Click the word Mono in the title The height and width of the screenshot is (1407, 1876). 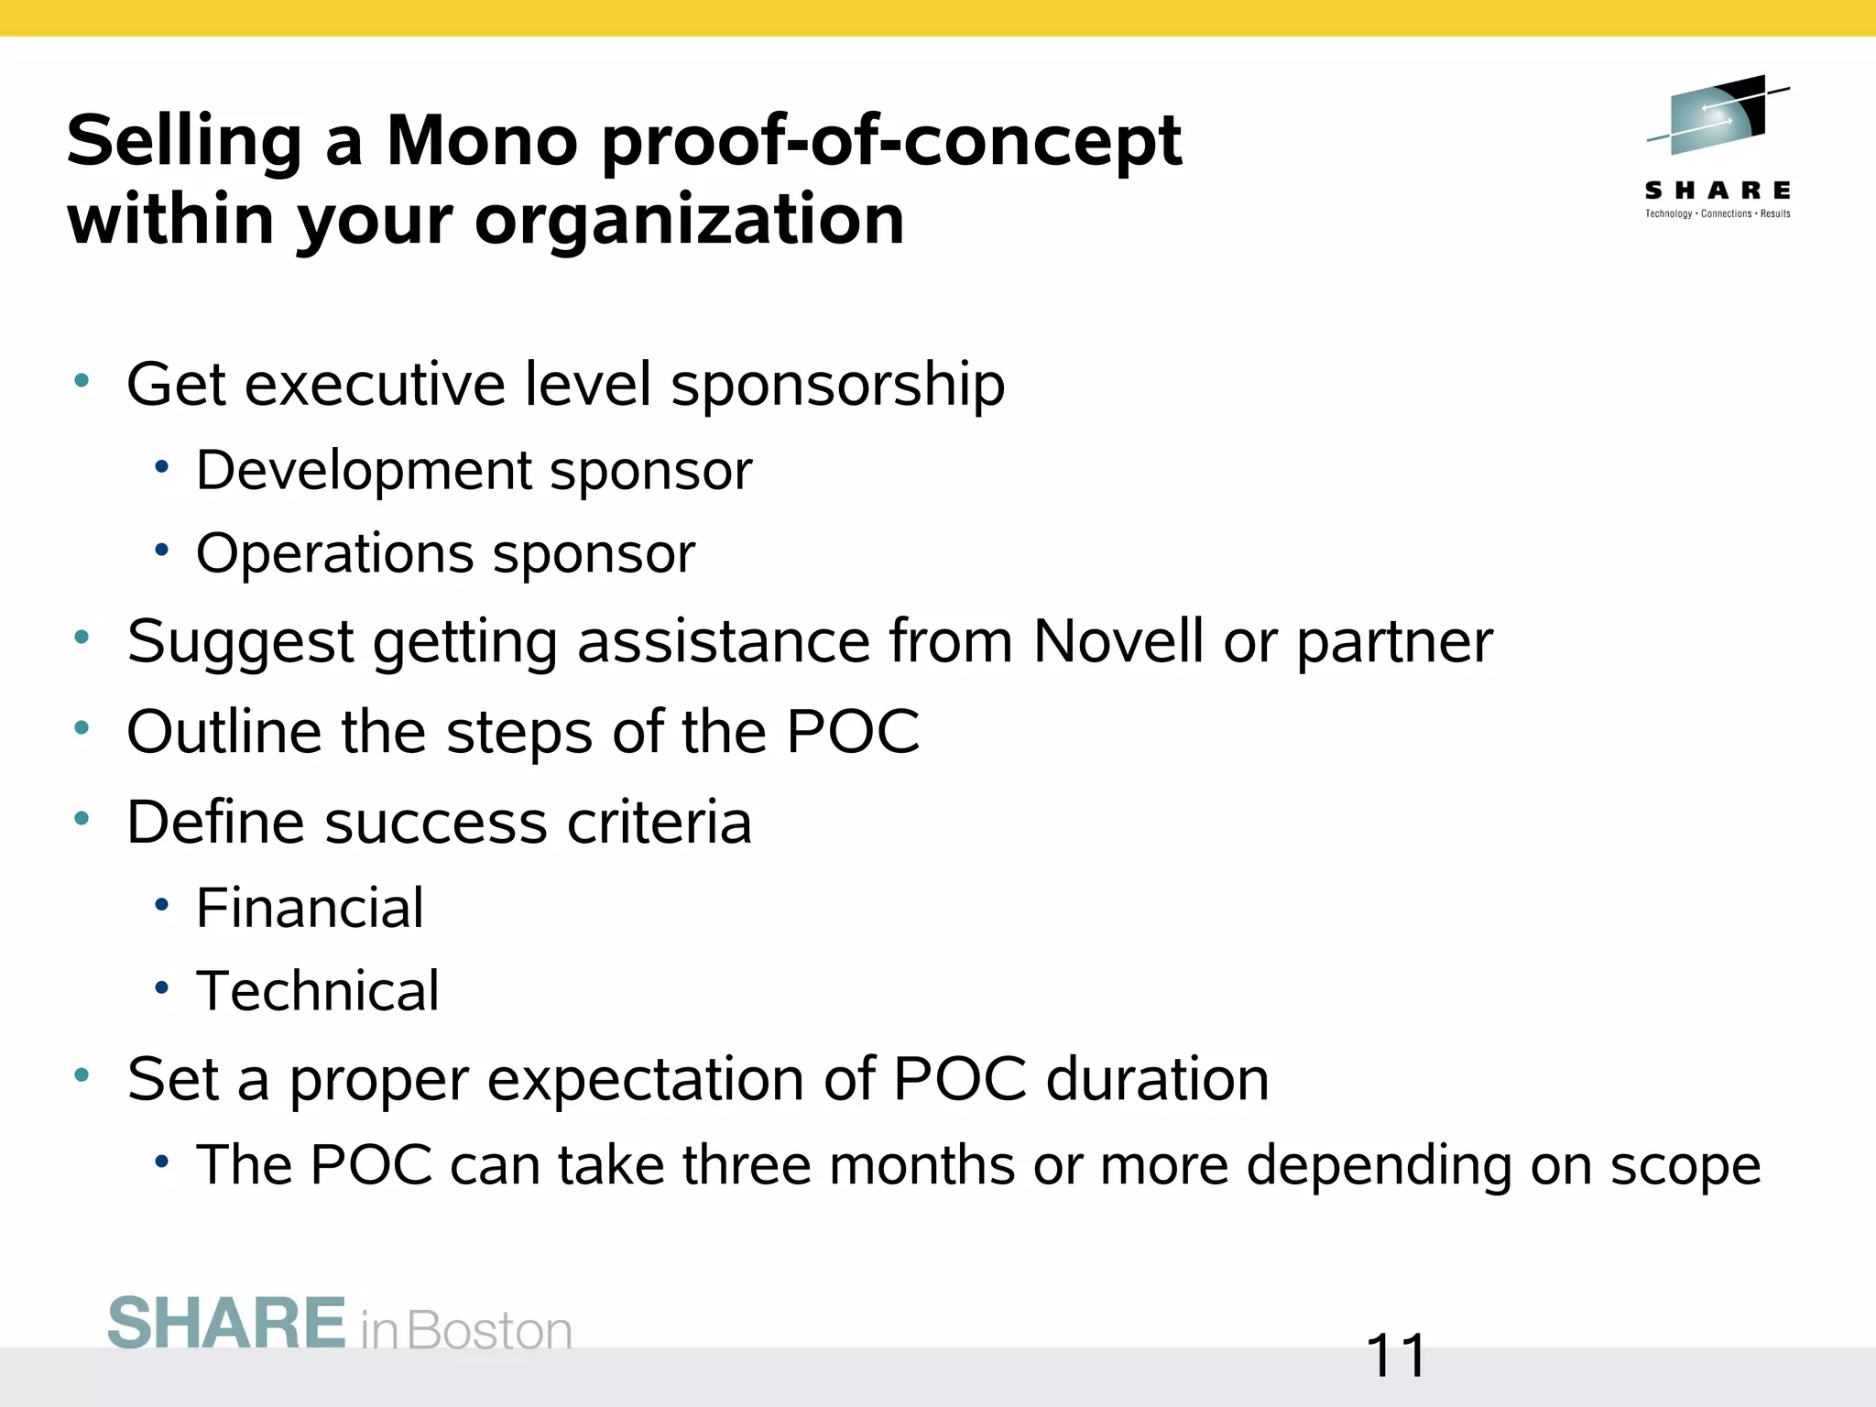(482, 142)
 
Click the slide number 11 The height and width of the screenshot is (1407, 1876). (1395, 1357)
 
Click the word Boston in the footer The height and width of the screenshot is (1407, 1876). (489, 1331)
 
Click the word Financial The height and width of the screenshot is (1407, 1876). (310, 909)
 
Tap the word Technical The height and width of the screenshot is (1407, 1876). (318, 991)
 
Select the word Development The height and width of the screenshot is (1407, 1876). (364, 472)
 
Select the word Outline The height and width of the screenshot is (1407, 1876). (224, 732)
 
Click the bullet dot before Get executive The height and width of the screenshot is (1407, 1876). (82, 380)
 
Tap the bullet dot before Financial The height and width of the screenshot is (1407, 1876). (162, 905)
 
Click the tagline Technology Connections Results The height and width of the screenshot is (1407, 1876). (1718, 213)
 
